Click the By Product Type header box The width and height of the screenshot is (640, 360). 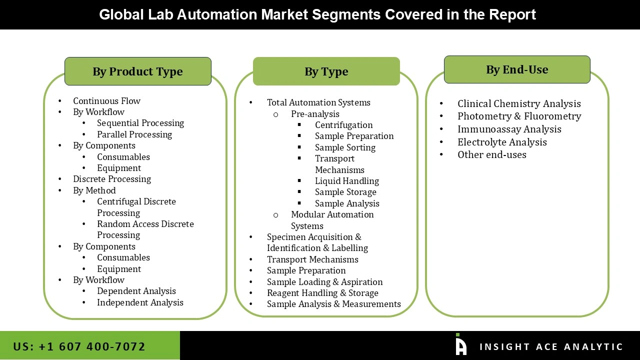(137, 71)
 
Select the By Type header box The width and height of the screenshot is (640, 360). (326, 71)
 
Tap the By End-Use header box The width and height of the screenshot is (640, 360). (517, 69)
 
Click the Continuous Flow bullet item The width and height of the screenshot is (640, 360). (106, 101)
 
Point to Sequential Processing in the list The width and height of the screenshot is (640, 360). (140, 123)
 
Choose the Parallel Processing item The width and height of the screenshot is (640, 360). (134, 134)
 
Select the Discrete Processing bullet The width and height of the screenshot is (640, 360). (112, 179)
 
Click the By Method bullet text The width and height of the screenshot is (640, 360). (94, 190)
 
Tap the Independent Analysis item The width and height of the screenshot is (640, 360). (140, 302)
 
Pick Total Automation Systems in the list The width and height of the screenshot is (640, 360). (318, 102)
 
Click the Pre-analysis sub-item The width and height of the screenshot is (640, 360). (315, 114)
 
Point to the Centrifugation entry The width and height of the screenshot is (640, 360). (343, 125)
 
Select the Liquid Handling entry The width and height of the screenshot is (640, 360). (347, 181)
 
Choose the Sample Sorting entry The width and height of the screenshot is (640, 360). (345, 147)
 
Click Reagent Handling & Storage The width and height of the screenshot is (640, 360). (322, 293)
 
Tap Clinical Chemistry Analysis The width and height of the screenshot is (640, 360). (519, 103)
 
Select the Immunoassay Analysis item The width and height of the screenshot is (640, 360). (509, 129)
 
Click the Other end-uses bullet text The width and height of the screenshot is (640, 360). (491, 154)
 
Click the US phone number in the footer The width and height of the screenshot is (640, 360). (79, 346)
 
